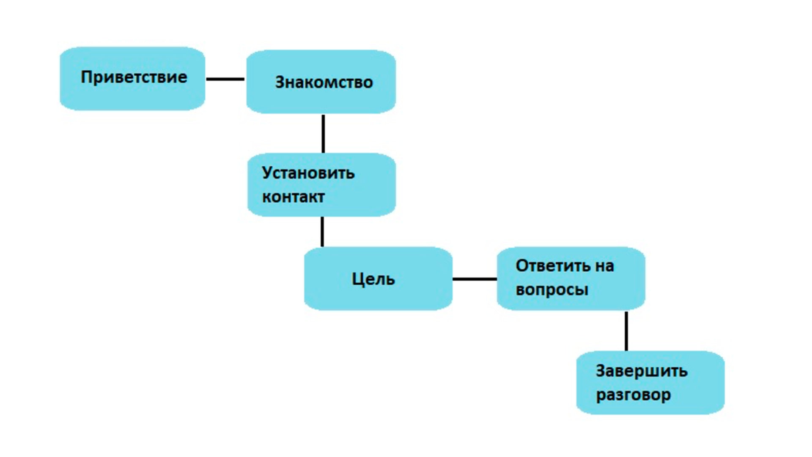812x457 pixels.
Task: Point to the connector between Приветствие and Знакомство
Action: tap(225, 79)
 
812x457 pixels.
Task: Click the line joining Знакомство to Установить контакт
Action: tap(323, 133)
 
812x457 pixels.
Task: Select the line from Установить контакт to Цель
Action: tap(322, 231)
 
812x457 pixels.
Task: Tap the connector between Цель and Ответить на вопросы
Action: tap(475, 279)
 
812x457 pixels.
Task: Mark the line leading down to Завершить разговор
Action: tap(626, 331)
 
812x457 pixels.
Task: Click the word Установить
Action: tap(308, 173)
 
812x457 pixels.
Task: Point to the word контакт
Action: tap(293, 197)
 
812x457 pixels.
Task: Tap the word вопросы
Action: tap(552, 290)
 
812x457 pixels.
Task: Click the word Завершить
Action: tap(642, 371)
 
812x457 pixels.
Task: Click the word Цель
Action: tap(373, 279)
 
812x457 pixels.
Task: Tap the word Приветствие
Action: tap(134, 77)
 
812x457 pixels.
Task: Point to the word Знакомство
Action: tap(324, 83)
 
